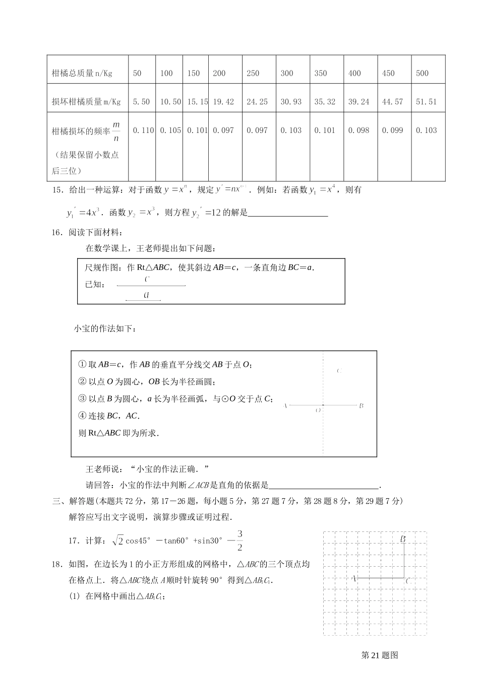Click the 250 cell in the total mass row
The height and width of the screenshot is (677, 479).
[253, 74]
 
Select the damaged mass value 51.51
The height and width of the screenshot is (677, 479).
[426, 102]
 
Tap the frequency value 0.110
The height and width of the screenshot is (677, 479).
[143, 130]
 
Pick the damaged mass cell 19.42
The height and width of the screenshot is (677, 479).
[223, 102]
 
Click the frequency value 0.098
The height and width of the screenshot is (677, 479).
[358, 130]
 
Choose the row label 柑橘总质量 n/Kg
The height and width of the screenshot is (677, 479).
[82, 74]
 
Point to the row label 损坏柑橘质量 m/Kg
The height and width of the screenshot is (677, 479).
[86, 102]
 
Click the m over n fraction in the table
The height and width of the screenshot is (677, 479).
[116, 131]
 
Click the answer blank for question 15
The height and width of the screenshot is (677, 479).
[288, 213]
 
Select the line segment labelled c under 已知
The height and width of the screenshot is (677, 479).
[151, 286]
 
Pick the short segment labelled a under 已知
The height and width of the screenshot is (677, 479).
[143, 300]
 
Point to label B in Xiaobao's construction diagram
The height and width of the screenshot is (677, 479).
[362, 405]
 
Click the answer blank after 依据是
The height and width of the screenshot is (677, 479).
[324, 486]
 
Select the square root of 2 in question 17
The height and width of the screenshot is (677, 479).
[117, 540]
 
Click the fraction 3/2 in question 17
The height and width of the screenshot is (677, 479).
[239, 540]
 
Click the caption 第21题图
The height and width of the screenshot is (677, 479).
[380, 655]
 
